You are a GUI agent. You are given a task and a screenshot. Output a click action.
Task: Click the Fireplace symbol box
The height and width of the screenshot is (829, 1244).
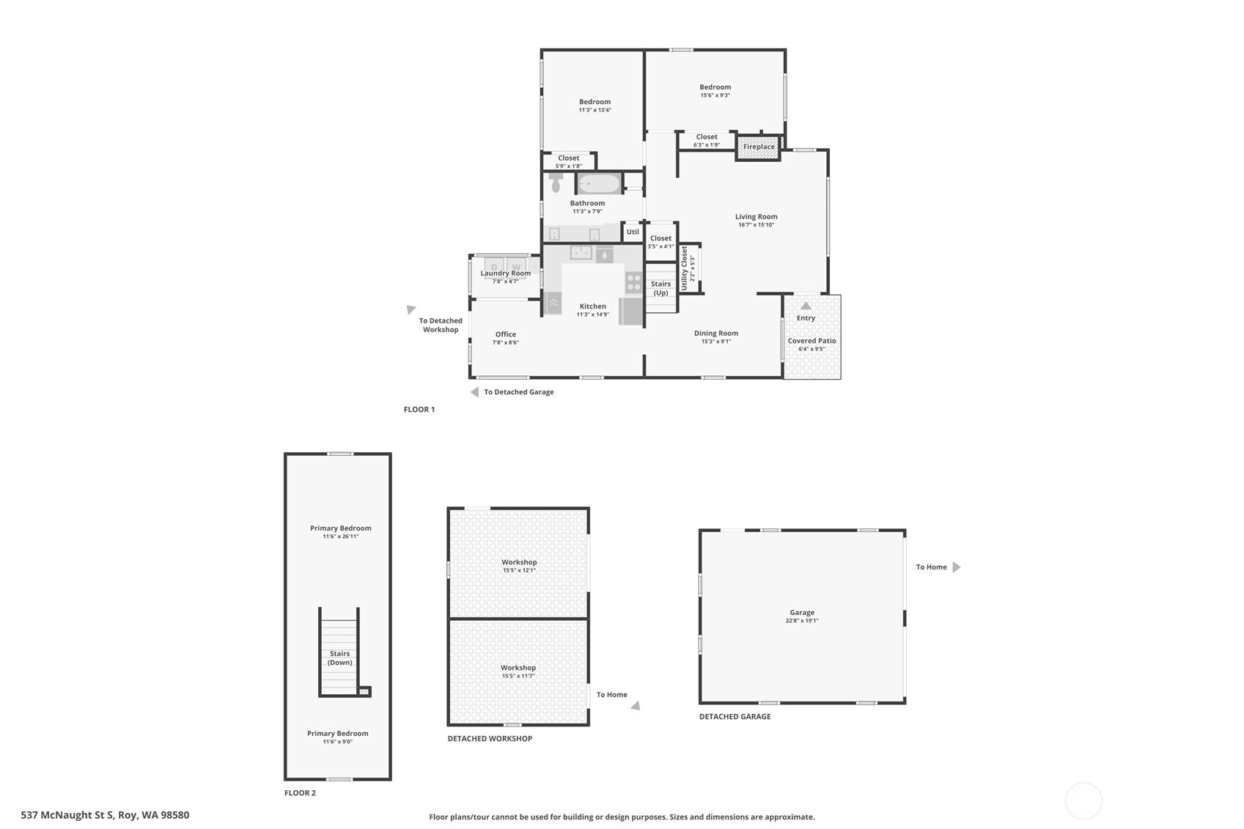[758, 147]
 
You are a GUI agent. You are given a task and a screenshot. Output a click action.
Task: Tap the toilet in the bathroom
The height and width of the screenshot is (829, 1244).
[555, 182]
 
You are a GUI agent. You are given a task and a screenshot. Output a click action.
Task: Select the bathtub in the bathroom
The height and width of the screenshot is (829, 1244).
[599, 183]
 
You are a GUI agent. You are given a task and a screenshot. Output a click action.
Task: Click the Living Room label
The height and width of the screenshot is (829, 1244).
[756, 217]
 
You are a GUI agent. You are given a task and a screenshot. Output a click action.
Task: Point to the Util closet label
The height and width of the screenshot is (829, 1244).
[633, 232]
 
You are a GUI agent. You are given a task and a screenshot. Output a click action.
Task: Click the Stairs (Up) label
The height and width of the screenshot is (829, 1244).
[660, 288]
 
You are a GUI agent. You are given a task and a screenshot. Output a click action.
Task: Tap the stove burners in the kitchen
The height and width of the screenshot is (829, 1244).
[633, 282]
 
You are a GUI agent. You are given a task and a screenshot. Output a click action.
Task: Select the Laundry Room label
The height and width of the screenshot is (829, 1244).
[505, 273]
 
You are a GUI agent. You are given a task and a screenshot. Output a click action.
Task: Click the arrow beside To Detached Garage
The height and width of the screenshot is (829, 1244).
[474, 392]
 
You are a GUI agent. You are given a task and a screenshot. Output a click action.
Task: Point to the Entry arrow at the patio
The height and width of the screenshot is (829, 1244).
[806, 306]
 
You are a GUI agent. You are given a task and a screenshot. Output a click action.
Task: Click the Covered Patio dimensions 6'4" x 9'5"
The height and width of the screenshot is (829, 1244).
[811, 350]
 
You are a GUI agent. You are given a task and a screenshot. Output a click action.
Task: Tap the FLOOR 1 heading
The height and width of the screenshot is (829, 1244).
[419, 410]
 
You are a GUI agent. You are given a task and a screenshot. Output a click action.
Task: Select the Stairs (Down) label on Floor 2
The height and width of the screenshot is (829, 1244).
[339, 658]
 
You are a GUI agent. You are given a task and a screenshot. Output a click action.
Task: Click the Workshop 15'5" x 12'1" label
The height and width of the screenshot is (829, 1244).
[519, 566]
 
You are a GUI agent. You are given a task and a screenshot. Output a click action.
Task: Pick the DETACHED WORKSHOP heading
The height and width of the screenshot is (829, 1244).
[490, 739]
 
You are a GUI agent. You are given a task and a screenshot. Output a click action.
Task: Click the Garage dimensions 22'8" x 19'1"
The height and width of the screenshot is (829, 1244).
[802, 621]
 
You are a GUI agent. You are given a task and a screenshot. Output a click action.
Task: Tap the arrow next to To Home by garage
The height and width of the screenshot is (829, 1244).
[956, 567]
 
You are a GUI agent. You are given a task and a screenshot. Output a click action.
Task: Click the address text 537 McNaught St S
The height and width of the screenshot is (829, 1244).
[67, 815]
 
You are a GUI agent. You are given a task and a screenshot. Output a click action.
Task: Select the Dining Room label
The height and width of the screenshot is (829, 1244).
[715, 334]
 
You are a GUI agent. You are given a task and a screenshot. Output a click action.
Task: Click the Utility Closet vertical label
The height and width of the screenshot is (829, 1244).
[685, 268]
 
